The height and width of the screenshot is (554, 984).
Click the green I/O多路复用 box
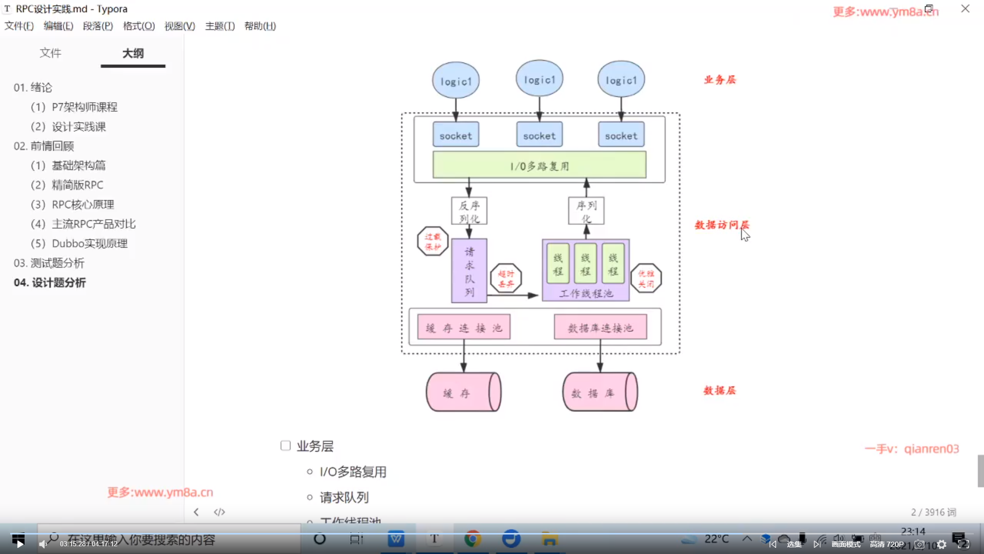point(539,165)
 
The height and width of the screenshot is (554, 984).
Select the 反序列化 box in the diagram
point(469,211)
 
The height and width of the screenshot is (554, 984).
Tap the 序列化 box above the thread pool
point(586,211)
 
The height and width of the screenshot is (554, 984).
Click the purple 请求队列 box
point(469,271)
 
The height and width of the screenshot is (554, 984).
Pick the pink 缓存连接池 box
point(464,327)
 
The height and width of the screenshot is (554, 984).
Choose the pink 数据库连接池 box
point(600,327)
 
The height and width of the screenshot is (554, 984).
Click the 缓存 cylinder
point(463,392)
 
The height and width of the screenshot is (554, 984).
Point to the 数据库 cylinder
point(600,392)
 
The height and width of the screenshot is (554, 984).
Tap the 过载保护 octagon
point(433,241)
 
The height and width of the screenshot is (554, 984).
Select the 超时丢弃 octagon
point(506,278)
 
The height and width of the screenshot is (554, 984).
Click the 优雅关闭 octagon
point(646,278)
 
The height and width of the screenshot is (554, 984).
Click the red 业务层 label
point(720,80)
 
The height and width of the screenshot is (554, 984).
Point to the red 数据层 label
point(720,390)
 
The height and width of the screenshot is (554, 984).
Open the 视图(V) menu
point(179,26)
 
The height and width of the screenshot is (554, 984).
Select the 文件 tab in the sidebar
point(50,53)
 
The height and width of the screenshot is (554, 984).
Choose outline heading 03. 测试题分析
point(49,263)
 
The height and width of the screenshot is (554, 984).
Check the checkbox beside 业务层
point(285,446)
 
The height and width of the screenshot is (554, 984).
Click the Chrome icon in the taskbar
point(473,539)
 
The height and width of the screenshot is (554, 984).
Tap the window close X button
point(965,9)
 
